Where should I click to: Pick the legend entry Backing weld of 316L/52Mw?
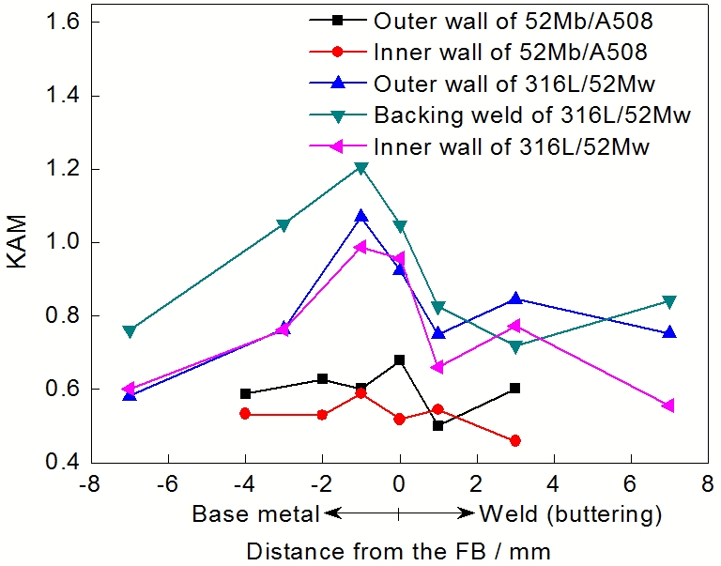point(531,116)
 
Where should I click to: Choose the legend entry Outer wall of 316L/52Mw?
point(513,84)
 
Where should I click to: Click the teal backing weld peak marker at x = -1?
point(361,168)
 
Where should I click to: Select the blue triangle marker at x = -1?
point(361,217)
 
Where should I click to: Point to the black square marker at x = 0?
point(400,359)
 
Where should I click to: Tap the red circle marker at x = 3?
point(515,440)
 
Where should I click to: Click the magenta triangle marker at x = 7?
point(668,405)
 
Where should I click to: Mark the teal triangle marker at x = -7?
point(130,330)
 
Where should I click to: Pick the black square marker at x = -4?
point(246,394)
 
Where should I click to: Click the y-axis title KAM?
point(20,242)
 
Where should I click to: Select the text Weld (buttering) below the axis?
point(571,514)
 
